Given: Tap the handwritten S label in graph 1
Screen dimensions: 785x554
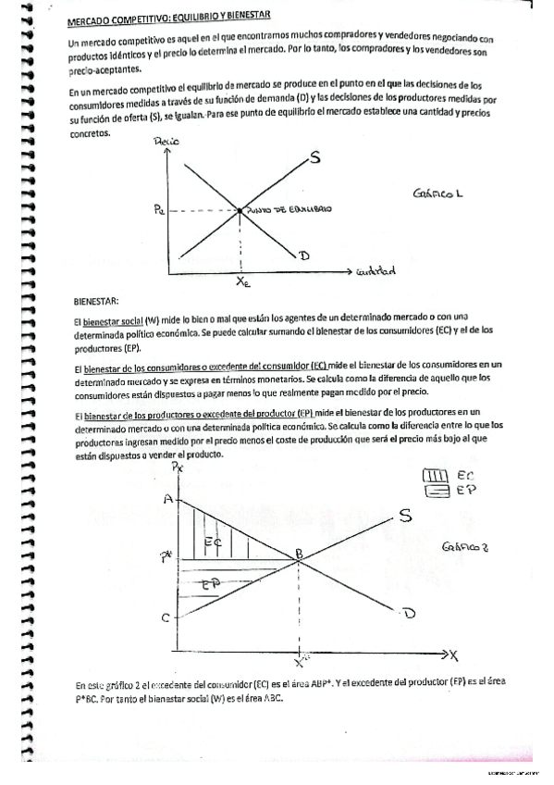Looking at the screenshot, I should click(x=315, y=158).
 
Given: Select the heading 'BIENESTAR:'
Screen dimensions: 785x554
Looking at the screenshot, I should click(x=96, y=302).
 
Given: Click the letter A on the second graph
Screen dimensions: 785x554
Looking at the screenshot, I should click(x=168, y=499).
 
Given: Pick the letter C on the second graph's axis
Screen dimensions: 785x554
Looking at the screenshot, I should click(x=166, y=617).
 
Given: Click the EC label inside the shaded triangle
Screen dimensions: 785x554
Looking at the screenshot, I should click(x=212, y=541).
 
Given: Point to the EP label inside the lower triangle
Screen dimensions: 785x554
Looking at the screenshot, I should click(x=209, y=586).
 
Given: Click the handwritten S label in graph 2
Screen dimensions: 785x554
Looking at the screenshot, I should click(x=405, y=514).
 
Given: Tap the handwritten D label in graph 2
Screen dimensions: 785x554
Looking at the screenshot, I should click(x=408, y=612).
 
